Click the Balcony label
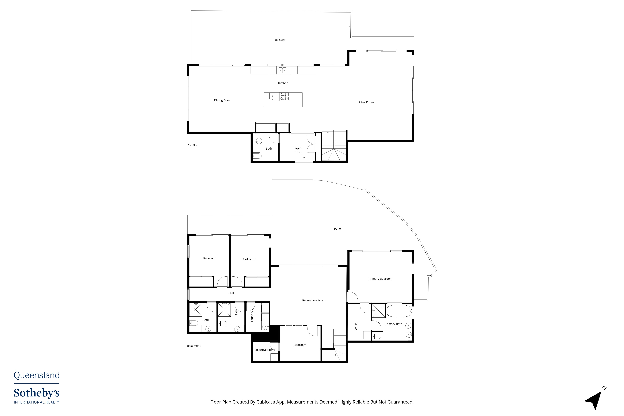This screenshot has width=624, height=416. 280,40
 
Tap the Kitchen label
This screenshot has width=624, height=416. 283,83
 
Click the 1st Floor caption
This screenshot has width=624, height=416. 194,145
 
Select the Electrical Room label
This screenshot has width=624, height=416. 265,350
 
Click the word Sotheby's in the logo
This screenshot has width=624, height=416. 37,393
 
